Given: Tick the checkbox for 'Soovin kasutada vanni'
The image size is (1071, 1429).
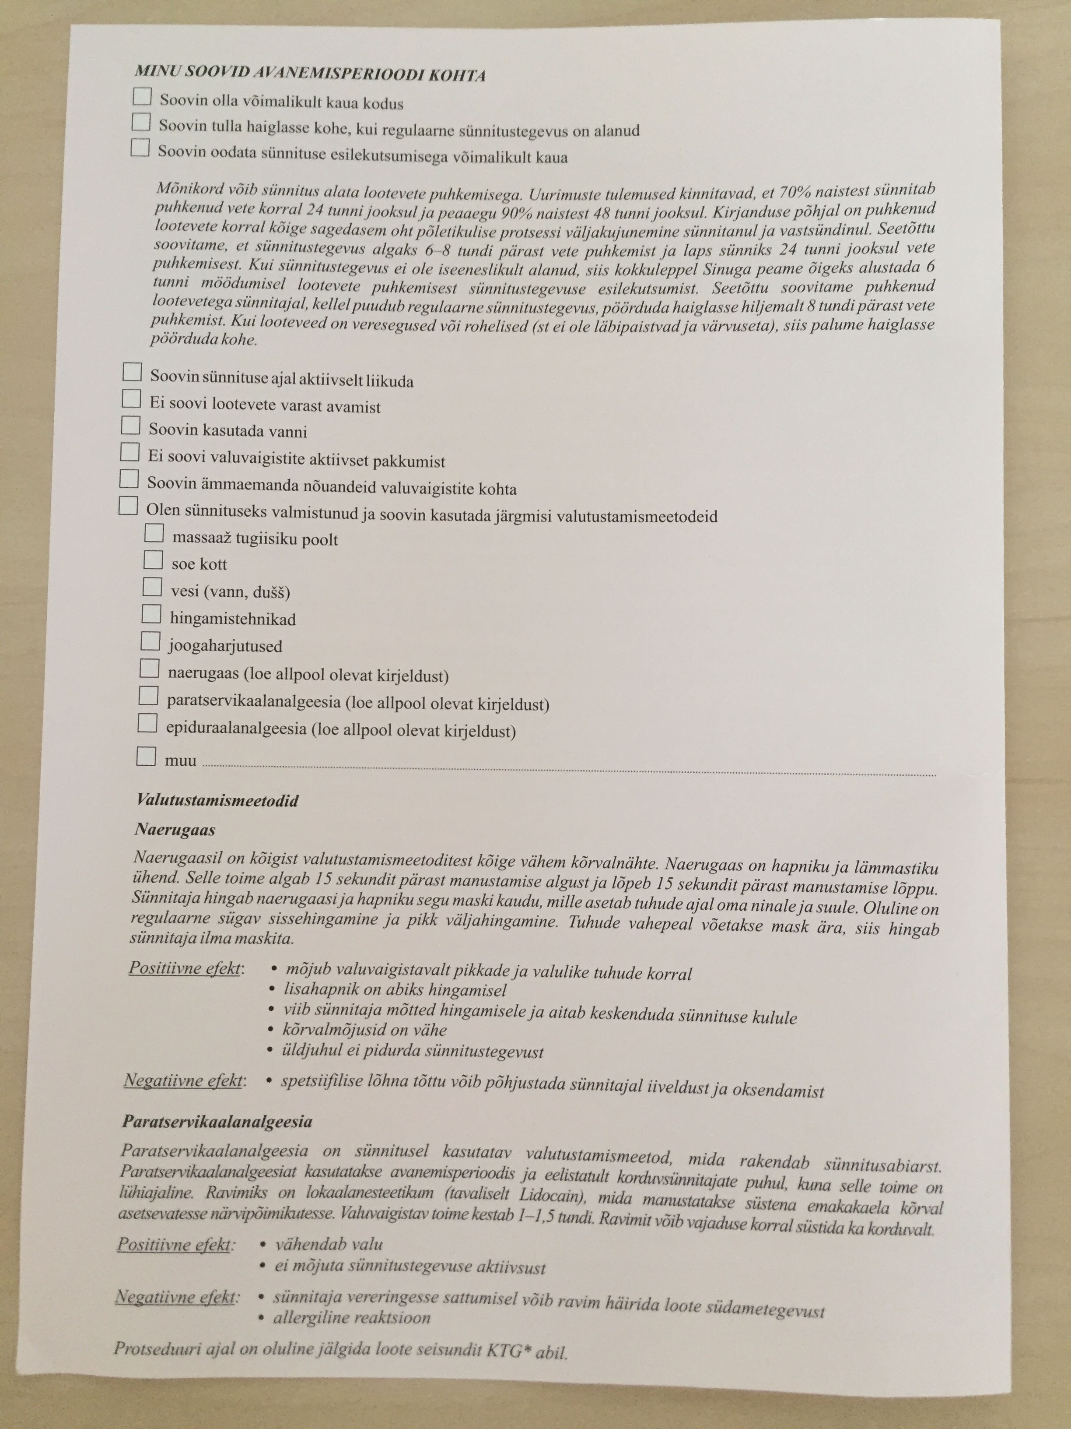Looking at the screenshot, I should (131, 425).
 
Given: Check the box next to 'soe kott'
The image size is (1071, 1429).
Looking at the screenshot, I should (153, 560).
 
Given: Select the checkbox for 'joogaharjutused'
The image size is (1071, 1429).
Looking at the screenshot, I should (150, 641).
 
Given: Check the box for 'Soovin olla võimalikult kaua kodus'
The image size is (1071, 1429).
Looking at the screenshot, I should (142, 96).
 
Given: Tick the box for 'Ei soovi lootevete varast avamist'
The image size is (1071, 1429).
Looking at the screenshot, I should (132, 398).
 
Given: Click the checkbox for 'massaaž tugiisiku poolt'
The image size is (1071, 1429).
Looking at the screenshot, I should (154, 533).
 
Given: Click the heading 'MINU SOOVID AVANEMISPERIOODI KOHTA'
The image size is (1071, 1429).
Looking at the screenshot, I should (310, 74).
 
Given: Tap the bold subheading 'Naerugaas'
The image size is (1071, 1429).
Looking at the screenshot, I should (175, 830).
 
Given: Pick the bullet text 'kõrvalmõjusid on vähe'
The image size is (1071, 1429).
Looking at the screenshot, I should (365, 1030).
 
